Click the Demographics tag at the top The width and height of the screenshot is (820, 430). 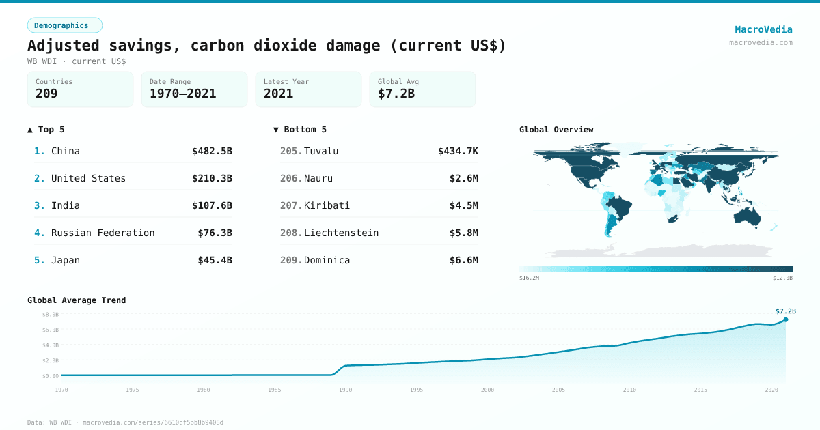(x=64, y=25)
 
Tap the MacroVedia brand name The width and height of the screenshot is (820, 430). (x=763, y=29)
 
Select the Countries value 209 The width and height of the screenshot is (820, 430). (x=46, y=94)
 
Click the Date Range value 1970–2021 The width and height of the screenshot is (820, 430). (x=182, y=94)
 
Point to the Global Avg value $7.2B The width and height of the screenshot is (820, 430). (x=396, y=94)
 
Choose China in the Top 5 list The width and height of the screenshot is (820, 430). (x=66, y=151)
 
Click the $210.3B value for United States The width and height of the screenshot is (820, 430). (x=212, y=178)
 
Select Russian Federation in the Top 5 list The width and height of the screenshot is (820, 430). (x=102, y=233)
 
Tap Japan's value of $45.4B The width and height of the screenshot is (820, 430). (x=215, y=260)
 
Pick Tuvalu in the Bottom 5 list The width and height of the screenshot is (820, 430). (x=321, y=151)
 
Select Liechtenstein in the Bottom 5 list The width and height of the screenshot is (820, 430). (x=341, y=233)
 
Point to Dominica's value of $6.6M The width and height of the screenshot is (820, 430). (x=463, y=260)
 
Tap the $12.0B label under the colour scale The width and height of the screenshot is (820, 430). (x=783, y=278)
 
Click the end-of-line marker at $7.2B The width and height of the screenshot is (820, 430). (x=786, y=319)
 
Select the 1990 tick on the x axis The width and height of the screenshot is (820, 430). (x=346, y=390)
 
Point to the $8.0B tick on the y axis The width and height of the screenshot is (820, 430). (x=51, y=315)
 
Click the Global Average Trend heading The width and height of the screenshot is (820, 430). (x=77, y=300)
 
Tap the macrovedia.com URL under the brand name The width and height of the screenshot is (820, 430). (x=761, y=42)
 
